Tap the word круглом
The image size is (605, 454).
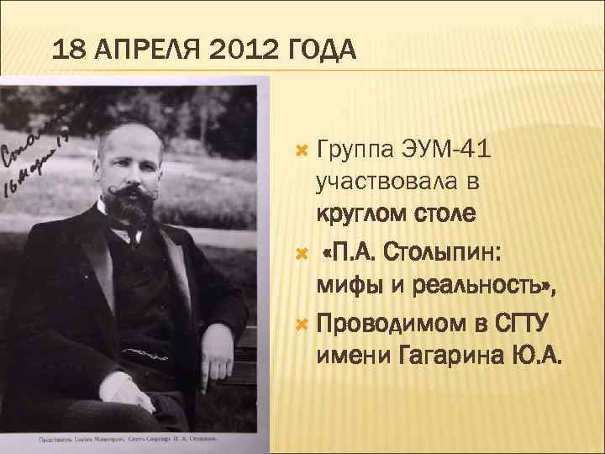tap(362, 213)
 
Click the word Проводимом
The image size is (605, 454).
tap(387, 324)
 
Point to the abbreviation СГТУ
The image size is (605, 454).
tap(519, 324)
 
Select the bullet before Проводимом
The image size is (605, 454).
tap(303, 325)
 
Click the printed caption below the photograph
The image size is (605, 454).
tap(126, 439)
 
